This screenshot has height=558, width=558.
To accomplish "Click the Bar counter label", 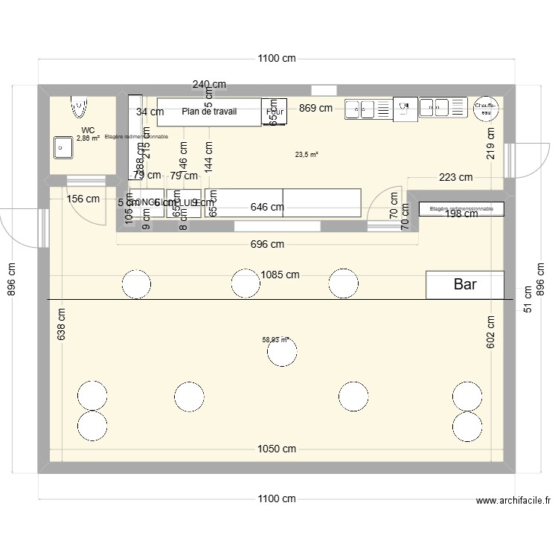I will click(x=465, y=284).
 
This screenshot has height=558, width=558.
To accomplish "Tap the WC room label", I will click(x=88, y=130).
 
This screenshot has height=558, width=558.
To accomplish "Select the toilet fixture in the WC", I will click(x=77, y=109).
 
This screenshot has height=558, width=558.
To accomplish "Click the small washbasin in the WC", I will click(x=62, y=147).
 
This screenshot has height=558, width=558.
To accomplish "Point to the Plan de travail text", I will click(x=209, y=112).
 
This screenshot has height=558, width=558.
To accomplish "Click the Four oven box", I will click(x=275, y=112).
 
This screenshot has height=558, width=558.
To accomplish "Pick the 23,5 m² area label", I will click(x=307, y=155).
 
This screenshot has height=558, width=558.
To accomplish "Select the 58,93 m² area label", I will click(x=275, y=340).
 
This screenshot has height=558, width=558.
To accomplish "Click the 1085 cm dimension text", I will click(x=280, y=275).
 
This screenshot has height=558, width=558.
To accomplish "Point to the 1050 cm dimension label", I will click(x=277, y=449).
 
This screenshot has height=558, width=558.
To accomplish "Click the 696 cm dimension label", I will click(x=267, y=244).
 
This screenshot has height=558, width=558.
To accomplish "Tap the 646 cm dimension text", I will click(x=267, y=208).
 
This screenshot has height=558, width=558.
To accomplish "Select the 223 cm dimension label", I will click(x=455, y=177).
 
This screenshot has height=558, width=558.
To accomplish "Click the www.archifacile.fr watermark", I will click(x=513, y=502).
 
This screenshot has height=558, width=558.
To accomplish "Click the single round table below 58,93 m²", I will click(x=282, y=353).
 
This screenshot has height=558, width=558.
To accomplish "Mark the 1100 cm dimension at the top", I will click(x=277, y=58).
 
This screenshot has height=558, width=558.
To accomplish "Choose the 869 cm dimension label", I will click(x=315, y=108).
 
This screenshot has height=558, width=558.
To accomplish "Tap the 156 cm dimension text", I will click(x=83, y=199).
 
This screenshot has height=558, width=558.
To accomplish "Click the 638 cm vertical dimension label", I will click(x=61, y=325).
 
